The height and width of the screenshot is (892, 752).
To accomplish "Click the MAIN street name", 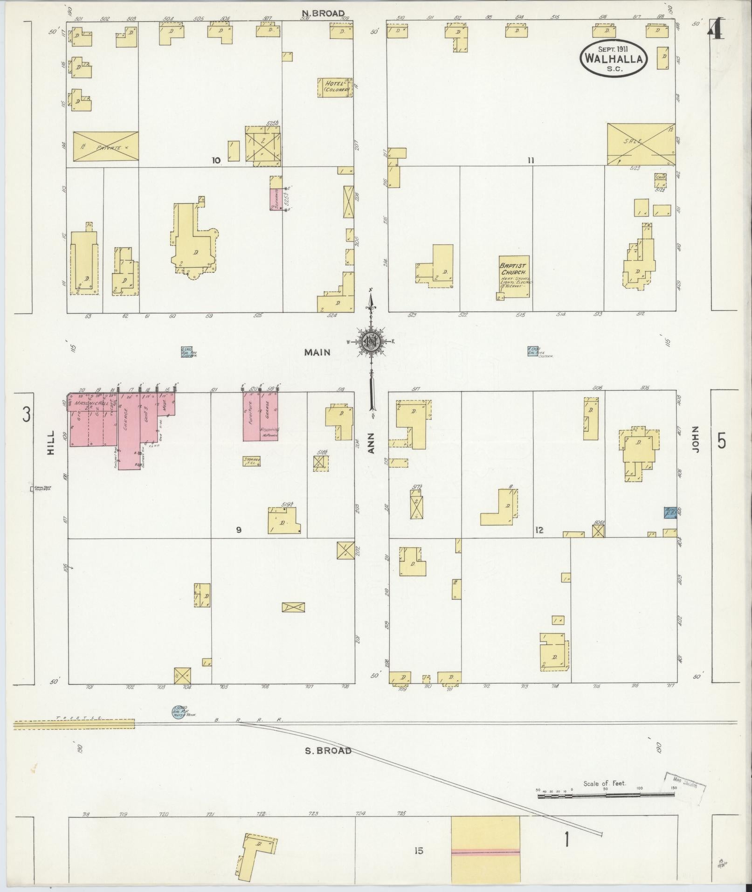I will pyautogui.click(x=317, y=352).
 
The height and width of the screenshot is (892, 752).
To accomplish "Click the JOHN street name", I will pyautogui.click(x=697, y=439).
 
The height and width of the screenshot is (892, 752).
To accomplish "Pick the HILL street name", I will pyautogui.click(x=51, y=442).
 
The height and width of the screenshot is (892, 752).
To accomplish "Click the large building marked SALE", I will pyautogui.click(x=641, y=144).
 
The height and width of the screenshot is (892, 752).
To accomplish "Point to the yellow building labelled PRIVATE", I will pyautogui.click(x=106, y=147).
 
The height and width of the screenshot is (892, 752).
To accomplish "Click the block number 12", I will pyautogui.click(x=539, y=530).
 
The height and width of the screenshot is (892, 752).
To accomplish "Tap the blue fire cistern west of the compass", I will pyautogui.click(x=186, y=352).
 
